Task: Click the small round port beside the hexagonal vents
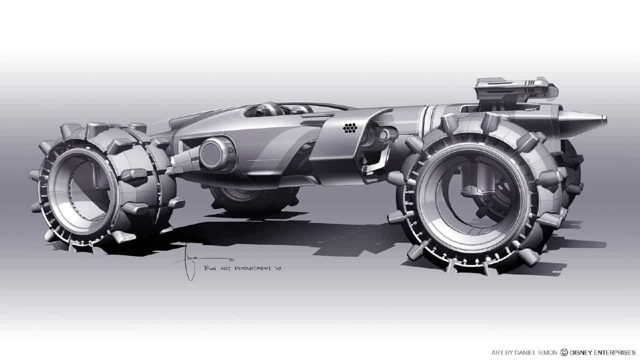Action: (x=383, y=134)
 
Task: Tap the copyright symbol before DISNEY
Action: (x=564, y=352)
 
